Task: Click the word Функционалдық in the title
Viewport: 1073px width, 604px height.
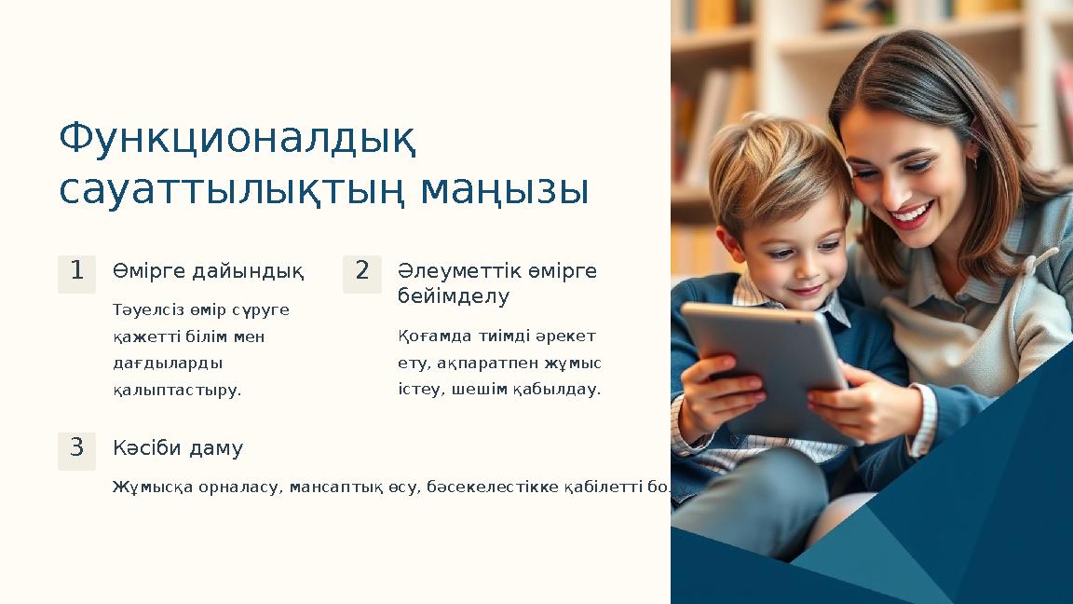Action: tap(238, 140)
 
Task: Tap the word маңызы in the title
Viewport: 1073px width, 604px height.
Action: tap(505, 190)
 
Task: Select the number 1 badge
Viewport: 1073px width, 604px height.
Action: tap(76, 272)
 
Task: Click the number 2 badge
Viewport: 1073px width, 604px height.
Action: tap(361, 272)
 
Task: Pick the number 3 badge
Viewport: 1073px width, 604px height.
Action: tap(76, 448)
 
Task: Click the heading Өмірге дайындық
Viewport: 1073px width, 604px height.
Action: tap(208, 271)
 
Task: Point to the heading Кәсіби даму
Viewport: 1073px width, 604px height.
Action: tap(178, 448)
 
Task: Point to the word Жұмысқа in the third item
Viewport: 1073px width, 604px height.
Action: tap(148, 487)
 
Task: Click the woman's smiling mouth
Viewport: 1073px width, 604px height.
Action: tap(910, 216)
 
